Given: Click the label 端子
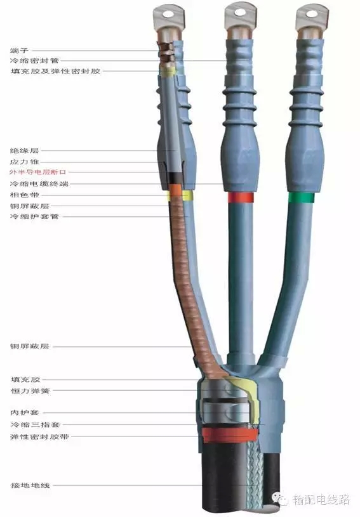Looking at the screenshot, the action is (x=20, y=51).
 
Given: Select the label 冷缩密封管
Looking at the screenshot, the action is (x=35, y=61).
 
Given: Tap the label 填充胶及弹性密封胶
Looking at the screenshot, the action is (x=55, y=71).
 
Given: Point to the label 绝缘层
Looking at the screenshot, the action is (x=25, y=151).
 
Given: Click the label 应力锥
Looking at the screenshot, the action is (x=25, y=162).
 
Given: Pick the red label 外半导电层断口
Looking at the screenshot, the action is (x=38, y=172).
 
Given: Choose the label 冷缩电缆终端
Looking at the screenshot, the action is (x=39, y=184).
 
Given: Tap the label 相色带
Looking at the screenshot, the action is (x=25, y=195).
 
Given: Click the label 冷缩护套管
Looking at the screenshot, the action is (x=35, y=216).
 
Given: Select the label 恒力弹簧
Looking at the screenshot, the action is (x=30, y=391).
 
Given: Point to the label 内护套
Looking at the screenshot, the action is (x=25, y=412).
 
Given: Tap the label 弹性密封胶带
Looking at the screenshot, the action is (x=39, y=436).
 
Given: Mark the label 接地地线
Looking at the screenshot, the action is (x=30, y=485).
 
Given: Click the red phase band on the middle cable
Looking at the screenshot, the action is (x=241, y=197).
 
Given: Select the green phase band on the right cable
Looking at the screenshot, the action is (x=301, y=197).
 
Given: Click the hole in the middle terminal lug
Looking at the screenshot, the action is (x=240, y=13).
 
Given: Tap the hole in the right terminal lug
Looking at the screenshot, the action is (x=311, y=14).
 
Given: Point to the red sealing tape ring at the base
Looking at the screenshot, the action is (x=229, y=435).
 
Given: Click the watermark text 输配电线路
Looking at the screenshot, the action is (x=321, y=499).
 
